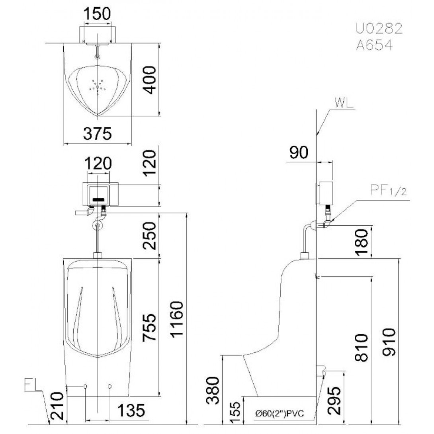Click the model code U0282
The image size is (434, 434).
click(x=379, y=29)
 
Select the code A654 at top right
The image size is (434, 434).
click(x=374, y=45)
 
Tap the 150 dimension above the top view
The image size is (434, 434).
click(x=98, y=14)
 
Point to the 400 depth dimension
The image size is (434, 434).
click(x=150, y=80)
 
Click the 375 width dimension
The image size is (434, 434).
click(x=98, y=134)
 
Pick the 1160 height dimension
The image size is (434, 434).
click(x=177, y=319)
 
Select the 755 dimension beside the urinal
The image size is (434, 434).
click(x=149, y=327)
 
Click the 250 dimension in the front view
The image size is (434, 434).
click(x=150, y=236)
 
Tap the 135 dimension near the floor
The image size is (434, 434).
click(x=131, y=410)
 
